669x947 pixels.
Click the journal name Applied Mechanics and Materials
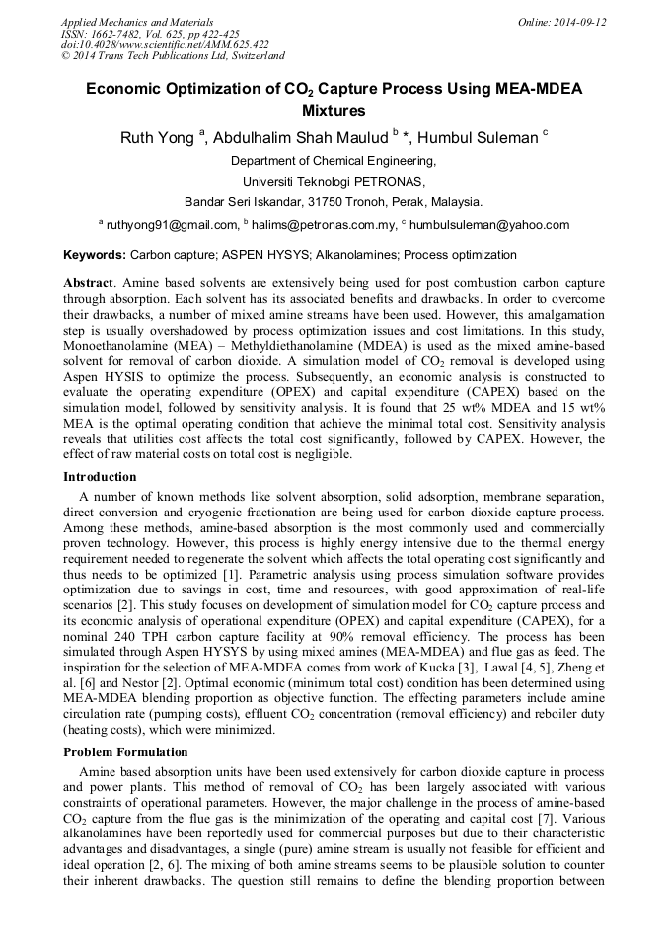pos(136,22)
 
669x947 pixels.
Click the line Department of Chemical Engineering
pos(334,161)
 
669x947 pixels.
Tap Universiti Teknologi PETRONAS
pos(334,182)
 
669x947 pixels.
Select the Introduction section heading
pos(100,477)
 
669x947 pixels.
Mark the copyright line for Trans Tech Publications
pos(172,56)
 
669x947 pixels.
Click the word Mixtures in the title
pos(334,111)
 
